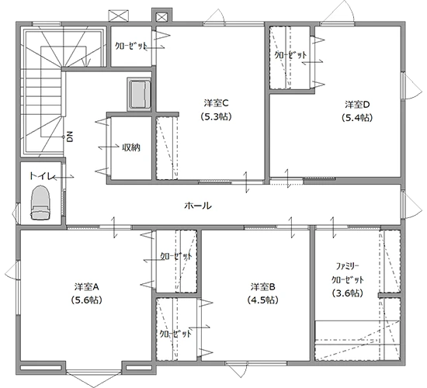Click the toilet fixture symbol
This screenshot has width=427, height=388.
pos(41,203)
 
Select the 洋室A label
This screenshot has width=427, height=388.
pos(86,286)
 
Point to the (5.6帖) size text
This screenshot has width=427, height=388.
pos(86,300)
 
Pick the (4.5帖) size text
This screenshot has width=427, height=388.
pos(262,300)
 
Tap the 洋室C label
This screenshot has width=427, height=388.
pos(217,103)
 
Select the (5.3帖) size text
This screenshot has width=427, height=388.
pos(217,117)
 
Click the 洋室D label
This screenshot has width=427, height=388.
pos(357,104)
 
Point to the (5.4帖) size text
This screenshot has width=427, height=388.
pos(357,118)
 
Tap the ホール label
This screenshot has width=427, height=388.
pos(198,206)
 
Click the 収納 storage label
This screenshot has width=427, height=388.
pos(131,147)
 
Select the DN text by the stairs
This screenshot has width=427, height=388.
pos(70,137)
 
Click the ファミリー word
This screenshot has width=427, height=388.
pos(348,266)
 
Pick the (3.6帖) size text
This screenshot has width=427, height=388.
pos(348,293)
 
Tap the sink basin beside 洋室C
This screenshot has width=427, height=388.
pos(139,94)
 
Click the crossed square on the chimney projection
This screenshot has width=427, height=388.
pos(161,17)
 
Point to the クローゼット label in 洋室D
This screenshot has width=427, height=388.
pos(290,55)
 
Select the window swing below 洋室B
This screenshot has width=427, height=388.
pos(236,370)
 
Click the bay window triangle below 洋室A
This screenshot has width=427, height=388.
pos(94,379)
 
